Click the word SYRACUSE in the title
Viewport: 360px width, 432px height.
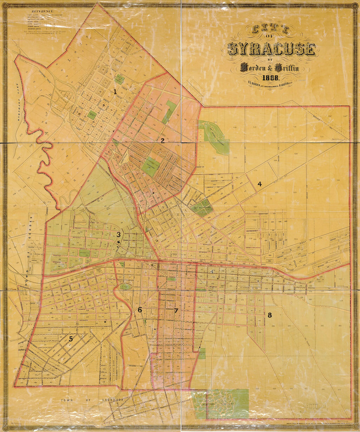(x=271, y=49)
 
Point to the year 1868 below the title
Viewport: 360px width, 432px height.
(x=270, y=78)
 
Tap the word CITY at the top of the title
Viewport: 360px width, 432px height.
(x=270, y=30)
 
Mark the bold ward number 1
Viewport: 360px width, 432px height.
(x=115, y=92)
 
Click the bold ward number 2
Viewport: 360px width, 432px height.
(x=162, y=141)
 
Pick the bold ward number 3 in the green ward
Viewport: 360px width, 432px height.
(x=118, y=234)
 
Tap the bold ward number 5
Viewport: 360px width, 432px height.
(x=71, y=339)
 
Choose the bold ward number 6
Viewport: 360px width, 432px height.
(x=140, y=310)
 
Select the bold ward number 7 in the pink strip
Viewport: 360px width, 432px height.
(x=176, y=311)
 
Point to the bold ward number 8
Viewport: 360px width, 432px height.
(x=270, y=315)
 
